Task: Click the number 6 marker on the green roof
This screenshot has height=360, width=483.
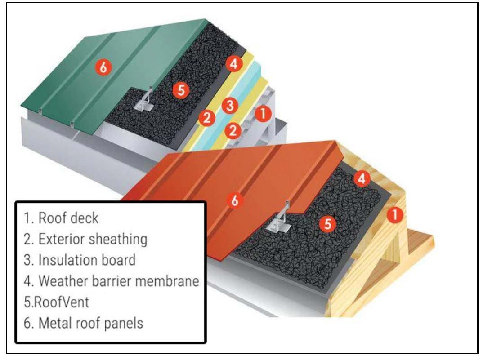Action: pos(103,68)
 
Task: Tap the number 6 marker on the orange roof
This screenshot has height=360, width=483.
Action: pos(234,201)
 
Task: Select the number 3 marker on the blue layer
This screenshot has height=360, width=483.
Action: pos(230,106)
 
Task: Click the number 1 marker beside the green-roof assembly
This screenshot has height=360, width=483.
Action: pos(263,113)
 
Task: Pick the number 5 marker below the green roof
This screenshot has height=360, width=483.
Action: pos(181,90)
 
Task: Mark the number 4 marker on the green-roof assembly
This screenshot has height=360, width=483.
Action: pos(233,64)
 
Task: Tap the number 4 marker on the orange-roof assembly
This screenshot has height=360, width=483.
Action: pos(362,179)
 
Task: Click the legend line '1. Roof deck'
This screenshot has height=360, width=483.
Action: pos(61,218)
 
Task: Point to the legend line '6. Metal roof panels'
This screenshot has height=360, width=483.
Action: pos(84,323)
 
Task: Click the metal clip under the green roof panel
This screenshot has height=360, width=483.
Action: pos(144,102)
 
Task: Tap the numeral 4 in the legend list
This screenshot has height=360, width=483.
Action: pos(27,281)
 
